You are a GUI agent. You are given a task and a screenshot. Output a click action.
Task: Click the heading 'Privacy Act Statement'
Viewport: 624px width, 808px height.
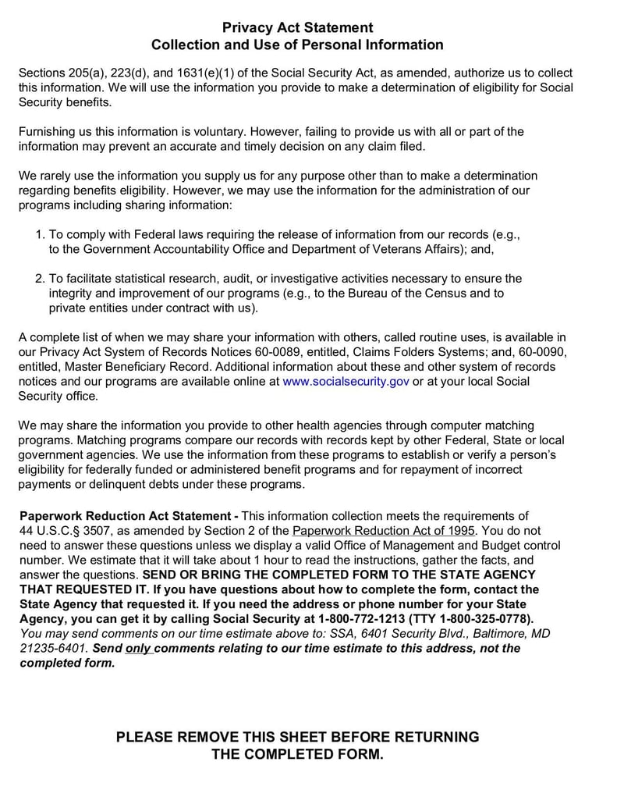[297, 27]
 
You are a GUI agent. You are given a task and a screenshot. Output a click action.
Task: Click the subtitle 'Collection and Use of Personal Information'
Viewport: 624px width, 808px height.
[297, 45]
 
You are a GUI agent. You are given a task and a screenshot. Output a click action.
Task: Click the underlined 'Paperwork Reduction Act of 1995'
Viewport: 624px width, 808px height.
[383, 531]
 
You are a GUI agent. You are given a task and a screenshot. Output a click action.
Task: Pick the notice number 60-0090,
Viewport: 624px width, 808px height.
[541, 352]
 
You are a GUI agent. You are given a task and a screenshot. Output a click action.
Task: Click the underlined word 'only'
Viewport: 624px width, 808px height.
[137, 649]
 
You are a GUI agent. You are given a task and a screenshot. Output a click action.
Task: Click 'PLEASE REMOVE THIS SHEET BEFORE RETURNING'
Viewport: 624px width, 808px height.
[297, 737]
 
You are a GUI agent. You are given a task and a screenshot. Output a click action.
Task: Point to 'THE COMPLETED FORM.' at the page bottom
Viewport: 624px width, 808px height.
[297, 755]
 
